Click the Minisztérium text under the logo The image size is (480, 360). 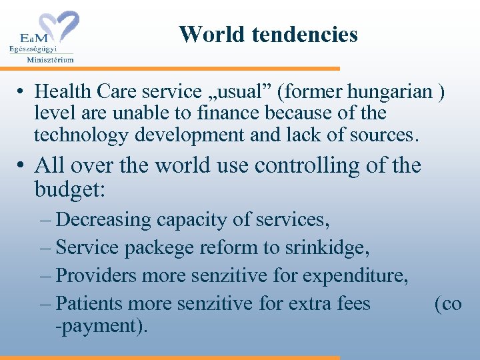(x=50, y=59)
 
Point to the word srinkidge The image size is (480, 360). (x=327, y=248)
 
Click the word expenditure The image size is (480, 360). (x=347, y=276)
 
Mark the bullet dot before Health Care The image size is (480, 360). (x=22, y=91)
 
